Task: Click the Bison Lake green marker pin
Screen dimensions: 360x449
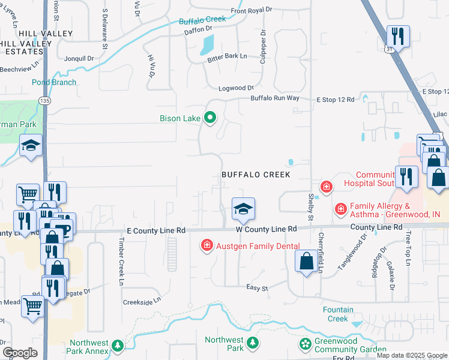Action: tap(209, 118)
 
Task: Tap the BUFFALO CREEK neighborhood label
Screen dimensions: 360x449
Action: tap(256, 175)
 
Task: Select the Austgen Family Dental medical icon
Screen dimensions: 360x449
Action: tap(206, 245)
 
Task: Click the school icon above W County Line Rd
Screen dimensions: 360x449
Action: tap(243, 209)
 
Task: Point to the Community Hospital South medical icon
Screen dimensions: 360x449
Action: tap(326, 187)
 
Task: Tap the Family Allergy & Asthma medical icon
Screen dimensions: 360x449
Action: tap(340, 209)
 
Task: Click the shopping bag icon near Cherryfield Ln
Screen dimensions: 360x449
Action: tap(307, 261)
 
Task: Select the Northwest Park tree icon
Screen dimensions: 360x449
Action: tap(253, 343)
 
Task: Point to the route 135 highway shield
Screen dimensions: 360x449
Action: tap(44, 100)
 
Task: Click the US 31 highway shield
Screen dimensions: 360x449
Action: tap(391, 50)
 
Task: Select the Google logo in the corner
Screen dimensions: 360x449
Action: tap(19, 353)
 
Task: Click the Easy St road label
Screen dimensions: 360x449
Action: tap(257, 288)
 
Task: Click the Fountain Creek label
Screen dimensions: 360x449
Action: tap(337, 314)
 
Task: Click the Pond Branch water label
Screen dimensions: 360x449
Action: tap(54, 82)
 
